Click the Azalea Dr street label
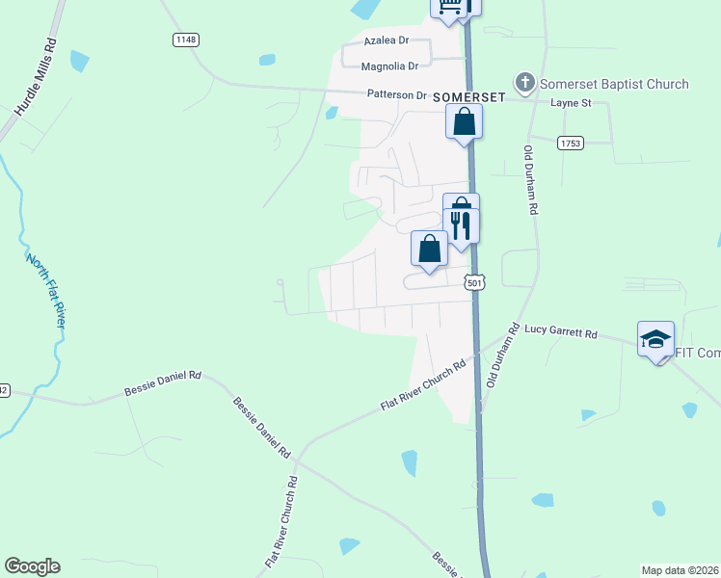pyautogui.click(x=386, y=41)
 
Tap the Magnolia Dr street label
pyautogui.click(x=389, y=66)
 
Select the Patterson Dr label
pyautogui.click(x=395, y=95)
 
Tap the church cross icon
pyautogui.click(x=525, y=83)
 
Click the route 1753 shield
pyautogui.click(x=570, y=143)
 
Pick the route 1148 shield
pyautogui.click(x=186, y=39)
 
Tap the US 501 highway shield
pyautogui.click(x=473, y=283)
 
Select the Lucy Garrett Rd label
pyautogui.click(x=560, y=332)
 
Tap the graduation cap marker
pyautogui.click(x=655, y=339)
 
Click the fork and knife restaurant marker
pyautogui.click(x=461, y=226)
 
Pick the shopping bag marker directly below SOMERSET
pyautogui.click(x=464, y=122)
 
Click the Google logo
pyautogui.click(x=32, y=566)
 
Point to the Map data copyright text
pyautogui.click(x=681, y=569)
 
